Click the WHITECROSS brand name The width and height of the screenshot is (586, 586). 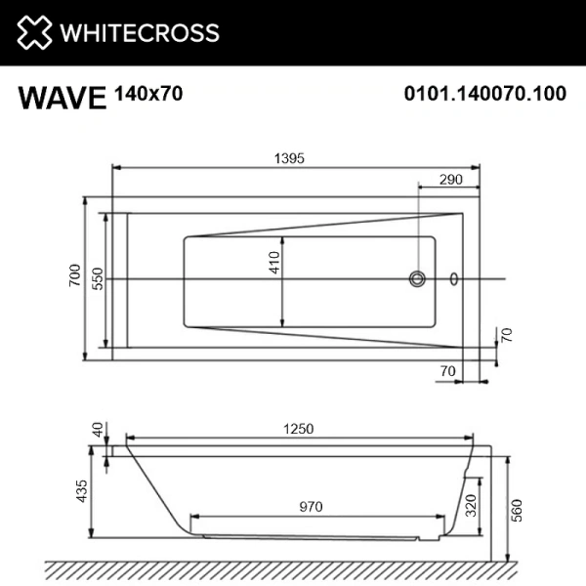click(x=140, y=32)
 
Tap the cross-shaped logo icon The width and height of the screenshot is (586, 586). click(x=34, y=32)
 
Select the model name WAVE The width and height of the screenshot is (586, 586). click(x=61, y=98)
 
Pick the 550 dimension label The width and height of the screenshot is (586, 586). click(x=97, y=279)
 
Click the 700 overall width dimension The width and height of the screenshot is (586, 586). click(x=73, y=279)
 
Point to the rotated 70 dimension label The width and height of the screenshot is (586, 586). click(x=506, y=334)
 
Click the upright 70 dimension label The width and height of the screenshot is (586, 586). click(x=448, y=370)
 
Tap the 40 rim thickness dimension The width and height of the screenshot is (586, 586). click(x=96, y=430)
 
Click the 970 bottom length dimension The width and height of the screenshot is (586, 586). click(x=311, y=506)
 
